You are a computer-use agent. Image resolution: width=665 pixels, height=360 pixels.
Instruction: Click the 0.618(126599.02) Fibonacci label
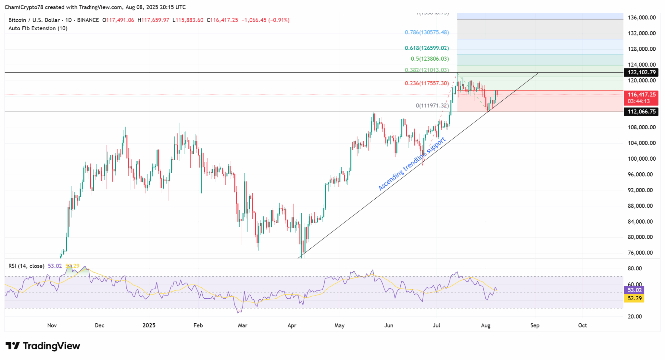pos(427,48)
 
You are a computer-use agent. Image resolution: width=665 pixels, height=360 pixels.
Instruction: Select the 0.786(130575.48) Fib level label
pos(427,32)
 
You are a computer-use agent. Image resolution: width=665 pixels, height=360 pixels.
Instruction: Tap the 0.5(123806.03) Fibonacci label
pos(430,59)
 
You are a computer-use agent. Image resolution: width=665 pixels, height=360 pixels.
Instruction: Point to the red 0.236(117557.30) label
pos(427,83)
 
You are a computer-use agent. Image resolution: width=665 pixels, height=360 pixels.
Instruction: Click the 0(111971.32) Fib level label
pos(432,106)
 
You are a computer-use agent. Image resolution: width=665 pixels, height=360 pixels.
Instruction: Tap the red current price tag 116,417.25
pos(641,95)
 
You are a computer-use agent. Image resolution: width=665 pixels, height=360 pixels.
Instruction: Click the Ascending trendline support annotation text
pos(412,164)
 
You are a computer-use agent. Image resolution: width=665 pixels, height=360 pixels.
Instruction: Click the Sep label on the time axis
pos(535,325)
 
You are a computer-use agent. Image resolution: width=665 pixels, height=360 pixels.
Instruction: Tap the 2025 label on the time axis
pos(149,325)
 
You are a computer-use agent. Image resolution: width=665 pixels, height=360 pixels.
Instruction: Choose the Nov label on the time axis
pos(52,325)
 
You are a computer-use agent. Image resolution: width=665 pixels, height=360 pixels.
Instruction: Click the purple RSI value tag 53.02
pos(634,290)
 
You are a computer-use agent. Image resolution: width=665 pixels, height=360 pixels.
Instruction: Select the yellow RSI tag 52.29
pos(634,298)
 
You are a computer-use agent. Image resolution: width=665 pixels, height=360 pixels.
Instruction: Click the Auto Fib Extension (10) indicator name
pos(38,28)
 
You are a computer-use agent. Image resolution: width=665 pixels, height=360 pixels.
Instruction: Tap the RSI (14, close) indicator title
pos(26,266)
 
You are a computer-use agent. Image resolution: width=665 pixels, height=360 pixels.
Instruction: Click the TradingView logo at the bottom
pos(43,346)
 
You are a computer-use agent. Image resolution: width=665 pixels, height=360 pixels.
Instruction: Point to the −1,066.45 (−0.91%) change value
pos(265,20)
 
